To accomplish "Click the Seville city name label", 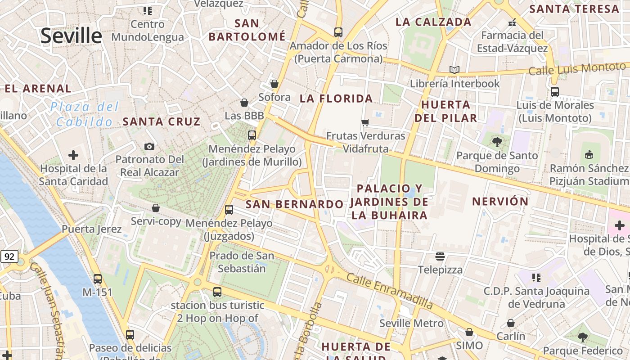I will [71, 36].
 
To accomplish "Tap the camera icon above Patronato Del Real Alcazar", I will [149, 146].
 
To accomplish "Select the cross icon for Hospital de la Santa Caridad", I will [73, 156].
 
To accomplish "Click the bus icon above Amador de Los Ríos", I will [338, 32].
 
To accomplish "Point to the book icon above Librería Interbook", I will [454, 70].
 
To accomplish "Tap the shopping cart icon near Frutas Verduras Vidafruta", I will [365, 122].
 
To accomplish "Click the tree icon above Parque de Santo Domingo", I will [497, 143].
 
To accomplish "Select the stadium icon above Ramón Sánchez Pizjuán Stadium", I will [589, 155].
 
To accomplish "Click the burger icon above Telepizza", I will [440, 256].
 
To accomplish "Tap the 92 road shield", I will [9, 257].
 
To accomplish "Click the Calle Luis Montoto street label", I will [577, 69].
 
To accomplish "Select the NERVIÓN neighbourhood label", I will [500, 201].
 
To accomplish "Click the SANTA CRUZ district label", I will [161, 121].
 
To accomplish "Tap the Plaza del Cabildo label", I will [85, 114].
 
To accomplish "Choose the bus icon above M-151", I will [97, 279].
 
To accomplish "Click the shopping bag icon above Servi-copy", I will [156, 208].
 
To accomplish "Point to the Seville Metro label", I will [411, 323].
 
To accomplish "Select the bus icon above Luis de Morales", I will [554, 92].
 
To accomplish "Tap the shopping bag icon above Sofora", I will [274, 84].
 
